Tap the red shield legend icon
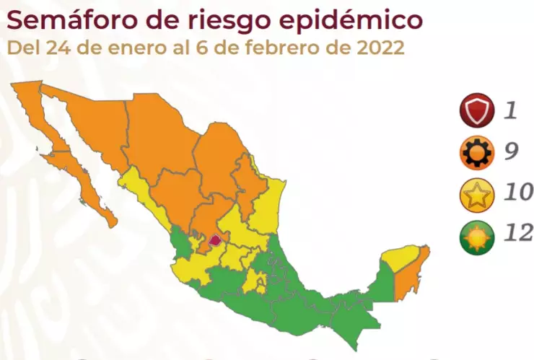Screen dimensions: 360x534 tap(477, 110)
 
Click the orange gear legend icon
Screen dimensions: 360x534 tap(477, 151)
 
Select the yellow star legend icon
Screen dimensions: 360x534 tap(477, 193)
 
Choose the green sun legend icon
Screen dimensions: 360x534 tap(477, 234)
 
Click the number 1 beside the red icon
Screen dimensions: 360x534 tap(511, 110)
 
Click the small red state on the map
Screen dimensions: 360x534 tap(214, 239)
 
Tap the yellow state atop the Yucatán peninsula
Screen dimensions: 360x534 tap(400, 256)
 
